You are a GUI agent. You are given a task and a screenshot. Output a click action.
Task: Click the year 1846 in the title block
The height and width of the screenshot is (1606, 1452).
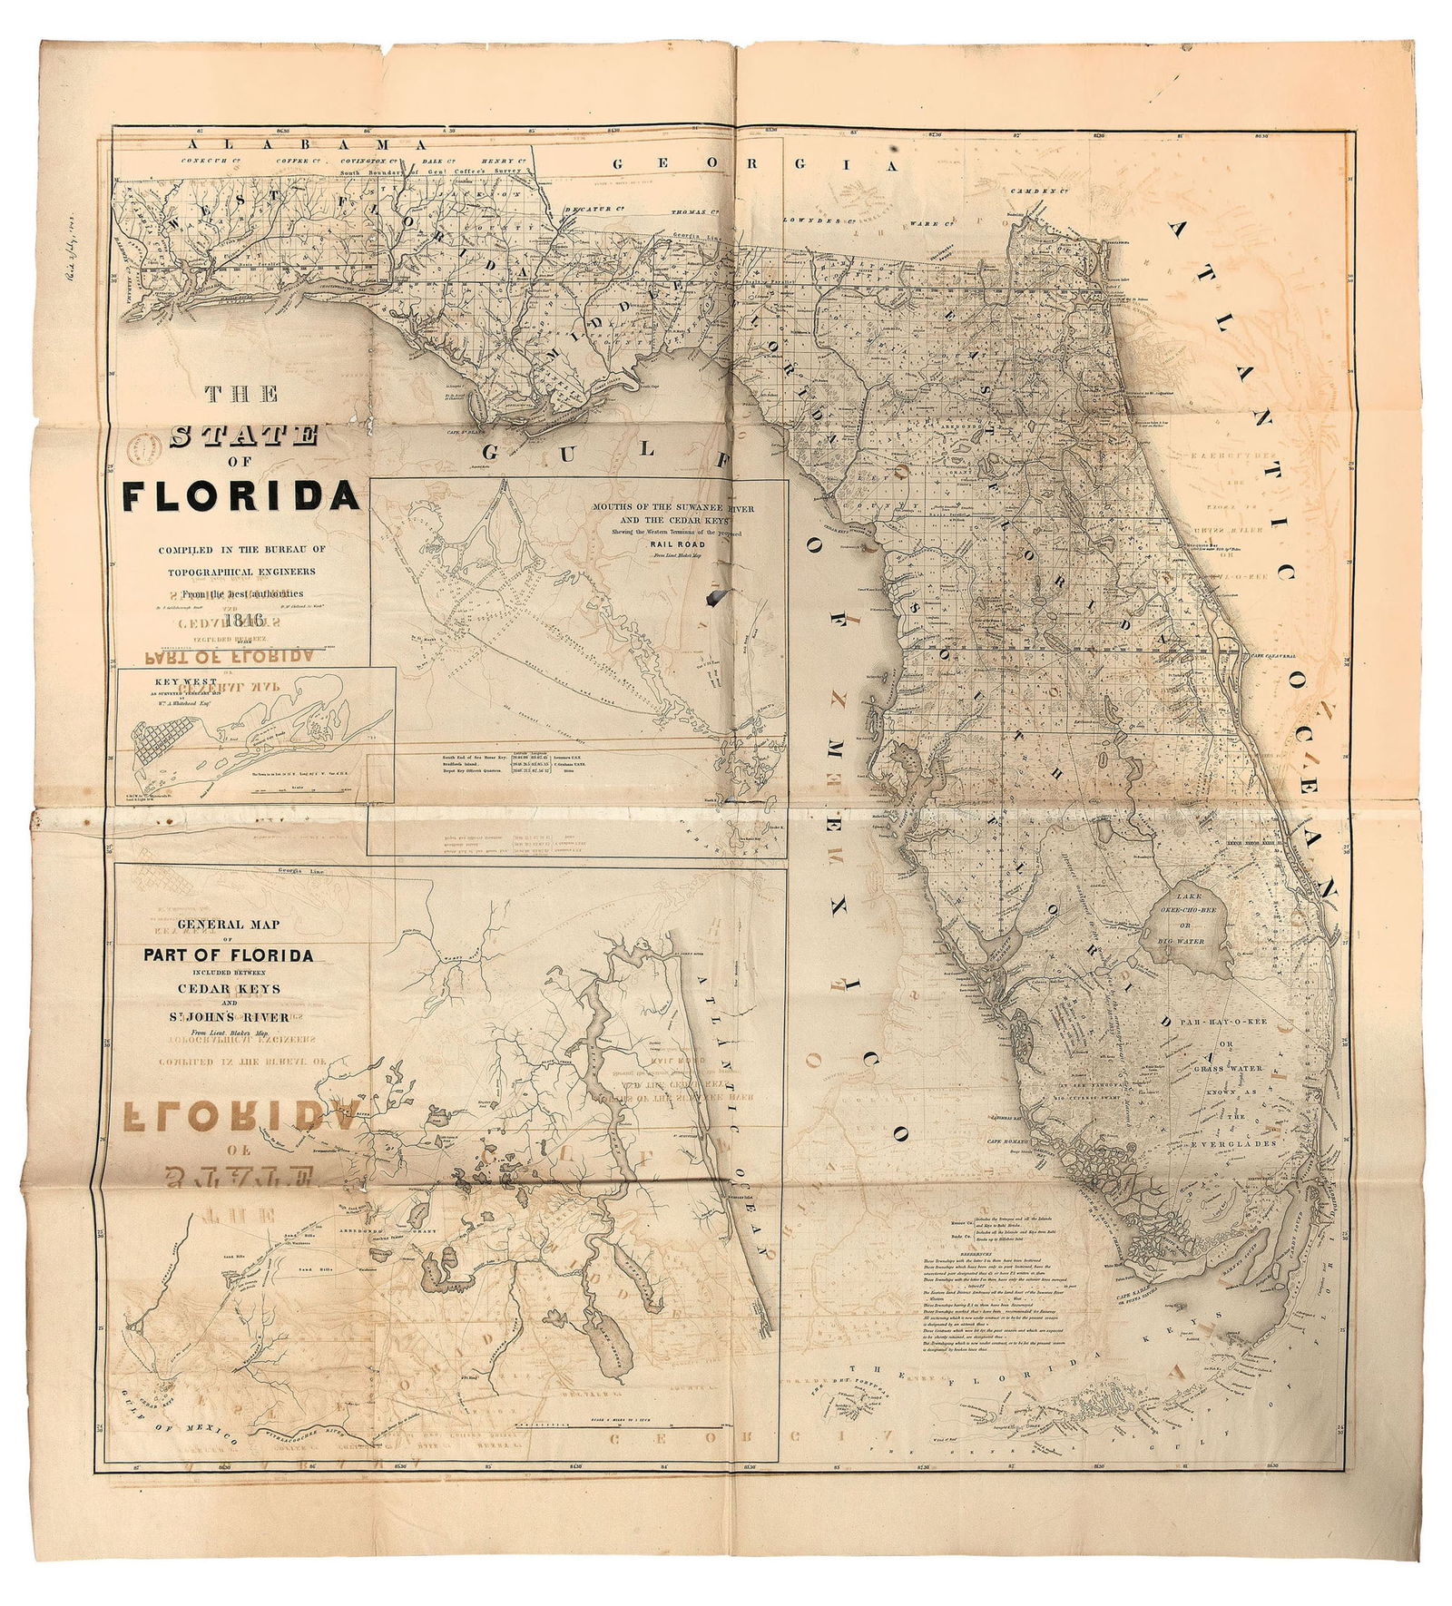coord(246,621)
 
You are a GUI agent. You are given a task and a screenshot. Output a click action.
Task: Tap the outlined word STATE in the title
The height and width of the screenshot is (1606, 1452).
coord(243,436)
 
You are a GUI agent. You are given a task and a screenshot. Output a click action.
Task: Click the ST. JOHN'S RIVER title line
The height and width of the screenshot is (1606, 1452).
coord(229,1017)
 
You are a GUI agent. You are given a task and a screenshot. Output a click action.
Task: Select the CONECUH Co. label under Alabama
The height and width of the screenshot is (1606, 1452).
coord(209,161)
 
